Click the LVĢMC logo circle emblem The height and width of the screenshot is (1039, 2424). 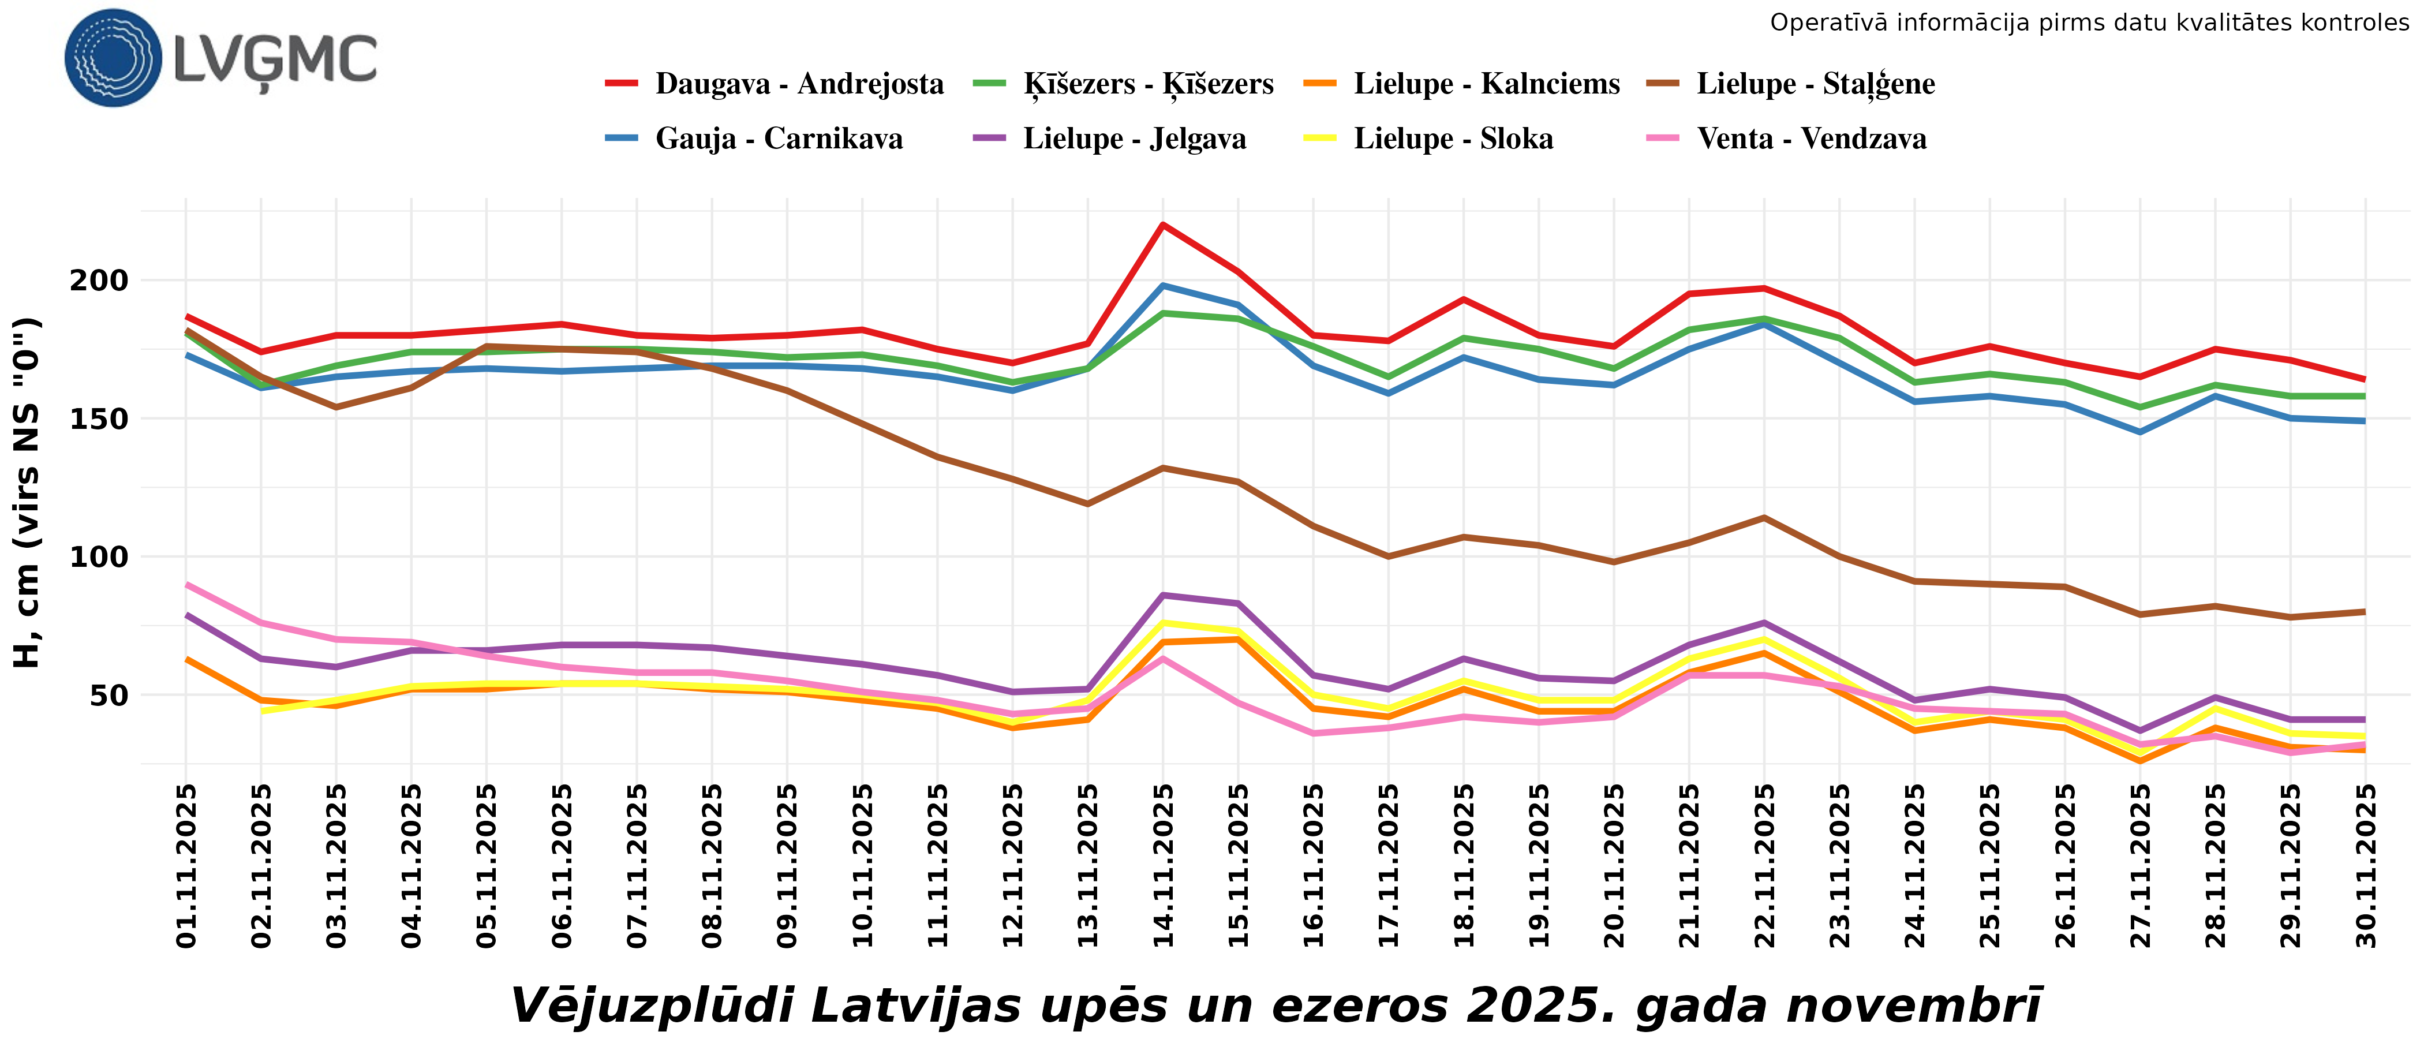(x=113, y=57)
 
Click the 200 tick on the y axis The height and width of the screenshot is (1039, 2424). (x=99, y=281)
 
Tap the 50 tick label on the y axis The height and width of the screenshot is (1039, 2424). (x=109, y=696)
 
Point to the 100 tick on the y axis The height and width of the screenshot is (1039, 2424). (x=99, y=557)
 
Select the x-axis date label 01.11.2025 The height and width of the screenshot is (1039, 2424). (x=186, y=866)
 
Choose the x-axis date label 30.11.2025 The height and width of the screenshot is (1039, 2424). (x=2366, y=866)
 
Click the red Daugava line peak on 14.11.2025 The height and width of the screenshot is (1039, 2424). (x=1163, y=225)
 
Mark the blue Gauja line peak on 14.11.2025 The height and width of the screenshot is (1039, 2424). (x=1163, y=285)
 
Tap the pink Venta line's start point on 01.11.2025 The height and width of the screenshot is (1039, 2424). (x=187, y=584)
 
